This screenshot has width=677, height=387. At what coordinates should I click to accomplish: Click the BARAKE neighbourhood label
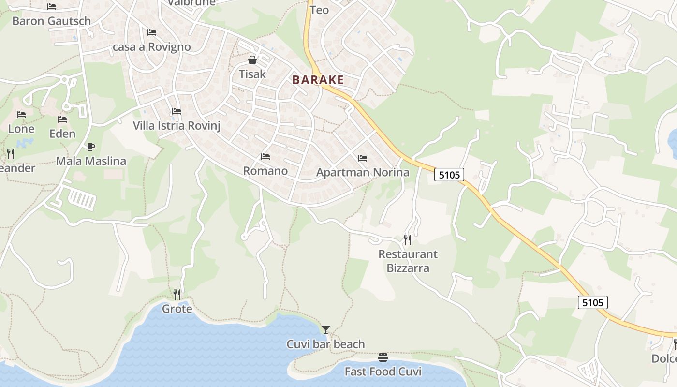pos(318,80)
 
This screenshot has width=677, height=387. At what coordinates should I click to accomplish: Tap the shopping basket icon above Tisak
pos(252,60)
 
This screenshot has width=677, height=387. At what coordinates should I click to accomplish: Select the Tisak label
pos(252,74)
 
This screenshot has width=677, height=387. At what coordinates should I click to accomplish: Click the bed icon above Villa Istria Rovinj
pos(177,111)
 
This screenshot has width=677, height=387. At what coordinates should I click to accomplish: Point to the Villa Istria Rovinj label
pos(177,126)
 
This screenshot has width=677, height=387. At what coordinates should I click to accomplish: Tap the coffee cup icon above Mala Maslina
pos(90,147)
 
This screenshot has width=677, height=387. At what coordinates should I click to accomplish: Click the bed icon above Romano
pos(265,157)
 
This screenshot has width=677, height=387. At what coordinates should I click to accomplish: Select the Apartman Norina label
pos(363,172)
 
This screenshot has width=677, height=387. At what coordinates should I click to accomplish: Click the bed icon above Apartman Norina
pos(363,158)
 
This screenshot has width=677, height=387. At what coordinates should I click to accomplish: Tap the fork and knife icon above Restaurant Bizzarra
pos(408,239)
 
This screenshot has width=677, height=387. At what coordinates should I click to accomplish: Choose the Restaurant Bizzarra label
pos(408,261)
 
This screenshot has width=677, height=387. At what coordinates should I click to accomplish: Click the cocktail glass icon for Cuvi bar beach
pos(326,330)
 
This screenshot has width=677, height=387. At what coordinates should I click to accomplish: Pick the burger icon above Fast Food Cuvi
pos(383,357)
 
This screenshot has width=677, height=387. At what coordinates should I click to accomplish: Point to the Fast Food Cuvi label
pos(383,372)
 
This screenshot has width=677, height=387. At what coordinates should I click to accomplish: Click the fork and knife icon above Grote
pos(177,294)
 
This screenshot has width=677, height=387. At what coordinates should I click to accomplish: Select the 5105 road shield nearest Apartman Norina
pos(449,175)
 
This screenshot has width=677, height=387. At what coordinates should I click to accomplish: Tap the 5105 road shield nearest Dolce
pos(593,303)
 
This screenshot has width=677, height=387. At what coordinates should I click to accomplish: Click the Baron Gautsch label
pos(51,21)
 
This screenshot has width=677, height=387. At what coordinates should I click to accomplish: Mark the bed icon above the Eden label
pos(62,119)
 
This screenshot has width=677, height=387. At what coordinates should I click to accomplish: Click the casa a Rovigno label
pos(151,47)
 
